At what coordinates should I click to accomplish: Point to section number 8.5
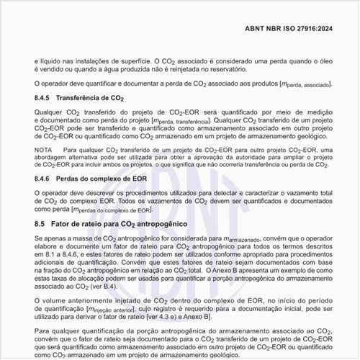pos(41,225)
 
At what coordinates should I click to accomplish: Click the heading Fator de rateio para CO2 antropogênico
pos(122,225)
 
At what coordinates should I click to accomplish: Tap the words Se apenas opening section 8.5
pos(51,238)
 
